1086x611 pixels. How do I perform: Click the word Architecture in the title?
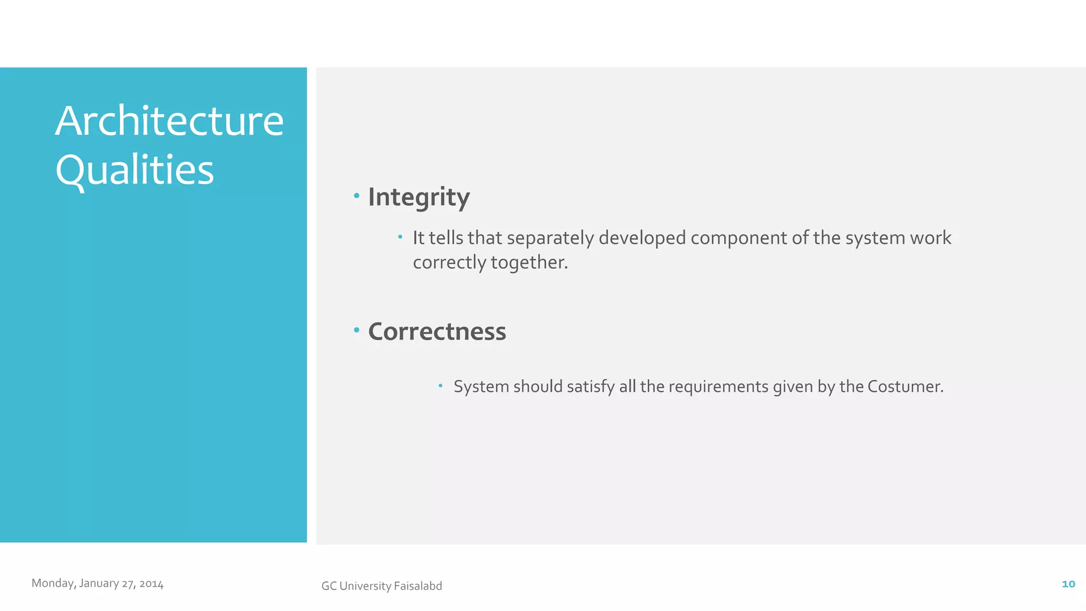pos(169,121)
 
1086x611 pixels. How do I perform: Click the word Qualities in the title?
pos(135,170)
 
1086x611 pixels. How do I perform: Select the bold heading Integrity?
pos(419,197)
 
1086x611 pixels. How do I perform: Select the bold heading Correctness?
pos(437,331)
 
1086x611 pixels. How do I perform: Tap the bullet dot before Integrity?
pos(356,196)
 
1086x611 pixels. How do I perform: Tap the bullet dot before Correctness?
pos(356,330)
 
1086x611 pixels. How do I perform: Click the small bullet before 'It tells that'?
pos(400,237)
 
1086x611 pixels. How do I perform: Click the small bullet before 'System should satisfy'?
pos(440,386)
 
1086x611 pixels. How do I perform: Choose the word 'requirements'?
pos(718,387)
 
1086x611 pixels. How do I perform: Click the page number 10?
pos(1068,584)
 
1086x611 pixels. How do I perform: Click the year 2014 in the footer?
pos(151,584)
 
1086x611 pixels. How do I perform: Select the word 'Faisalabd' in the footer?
pos(418,586)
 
